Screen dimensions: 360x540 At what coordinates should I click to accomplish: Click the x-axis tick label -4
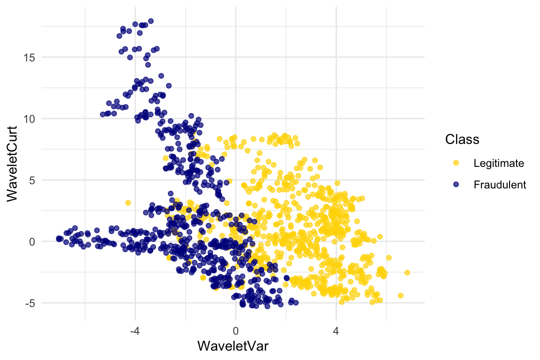(135, 330)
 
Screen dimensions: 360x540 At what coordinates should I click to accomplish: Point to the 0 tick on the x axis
(235, 330)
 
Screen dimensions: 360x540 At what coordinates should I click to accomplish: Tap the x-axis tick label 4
(336, 330)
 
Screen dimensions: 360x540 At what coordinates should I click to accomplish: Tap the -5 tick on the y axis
(29, 303)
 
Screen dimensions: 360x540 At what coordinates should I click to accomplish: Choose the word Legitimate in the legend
(498, 163)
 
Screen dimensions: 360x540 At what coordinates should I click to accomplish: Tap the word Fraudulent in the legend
(500, 185)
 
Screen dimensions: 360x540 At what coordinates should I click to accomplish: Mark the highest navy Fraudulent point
(151, 21)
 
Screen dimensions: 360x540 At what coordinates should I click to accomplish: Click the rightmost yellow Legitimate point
(407, 272)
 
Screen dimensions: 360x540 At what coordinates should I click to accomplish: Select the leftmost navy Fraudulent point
(58, 238)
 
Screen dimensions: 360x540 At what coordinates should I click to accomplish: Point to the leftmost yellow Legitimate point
(128, 202)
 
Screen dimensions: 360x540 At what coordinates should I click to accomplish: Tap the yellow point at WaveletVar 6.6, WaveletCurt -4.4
(401, 295)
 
